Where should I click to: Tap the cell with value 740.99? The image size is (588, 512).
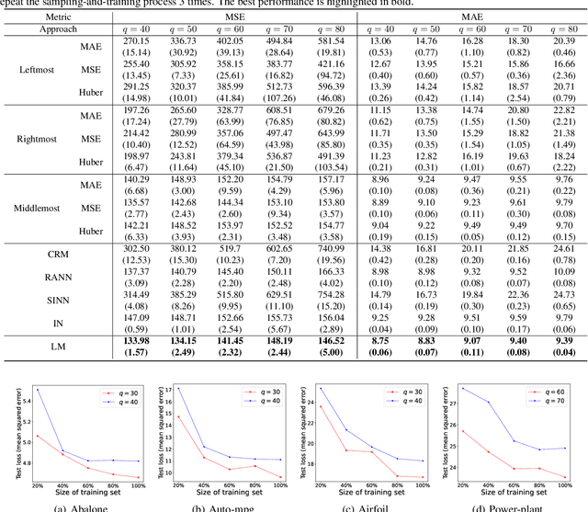(x=334, y=247)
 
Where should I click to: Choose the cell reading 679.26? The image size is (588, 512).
(x=334, y=109)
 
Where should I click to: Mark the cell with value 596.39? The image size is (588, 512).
(x=334, y=85)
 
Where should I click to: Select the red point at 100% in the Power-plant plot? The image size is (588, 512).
(x=565, y=476)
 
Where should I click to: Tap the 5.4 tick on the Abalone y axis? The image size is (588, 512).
(x=23, y=401)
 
